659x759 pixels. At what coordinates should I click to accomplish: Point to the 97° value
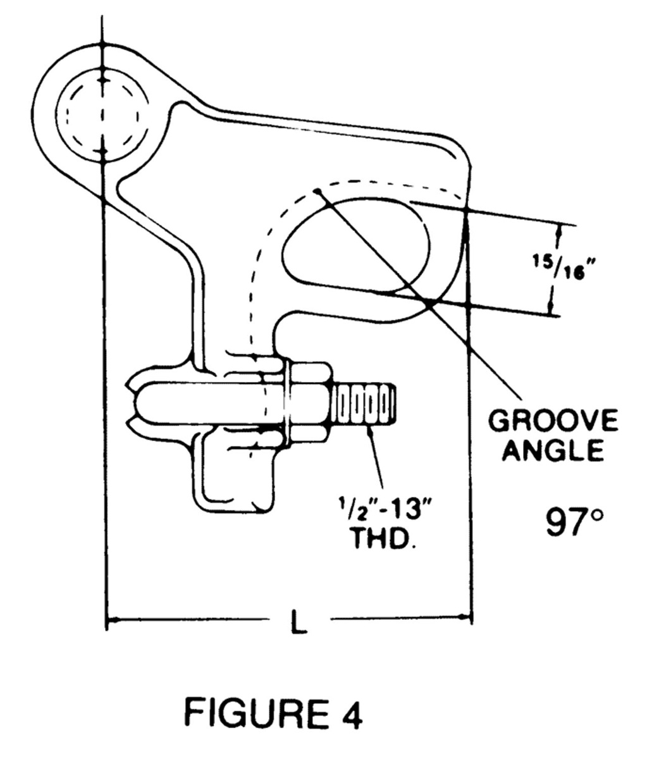pyautogui.click(x=574, y=522)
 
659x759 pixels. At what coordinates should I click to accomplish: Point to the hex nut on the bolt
pyautogui.click(x=309, y=402)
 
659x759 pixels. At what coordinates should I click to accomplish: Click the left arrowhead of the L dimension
pyautogui.click(x=111, y=621)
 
